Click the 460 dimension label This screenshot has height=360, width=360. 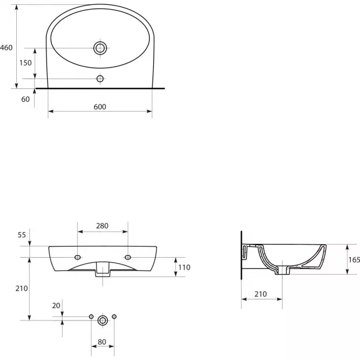click(6, 48)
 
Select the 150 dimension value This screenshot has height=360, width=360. click(25, 63)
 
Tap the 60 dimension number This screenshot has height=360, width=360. click(25, 99)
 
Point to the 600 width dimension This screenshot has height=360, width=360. click(100, 107)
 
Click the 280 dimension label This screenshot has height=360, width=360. click(102, 226)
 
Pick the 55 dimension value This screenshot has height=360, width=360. click(22, 235)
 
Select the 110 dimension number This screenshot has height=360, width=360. click(184, 267)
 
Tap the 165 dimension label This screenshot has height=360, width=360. click(354, 260)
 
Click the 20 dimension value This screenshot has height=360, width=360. click(56, 305)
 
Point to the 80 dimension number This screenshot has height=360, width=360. click(102, 342)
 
